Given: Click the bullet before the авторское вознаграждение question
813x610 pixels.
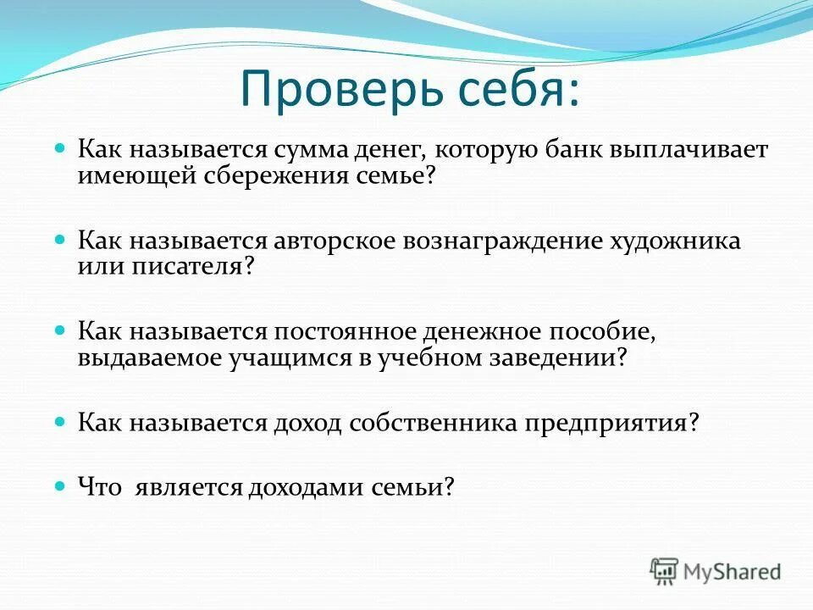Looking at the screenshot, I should point(60,239).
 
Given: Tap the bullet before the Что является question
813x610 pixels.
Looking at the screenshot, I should point(60,485).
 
